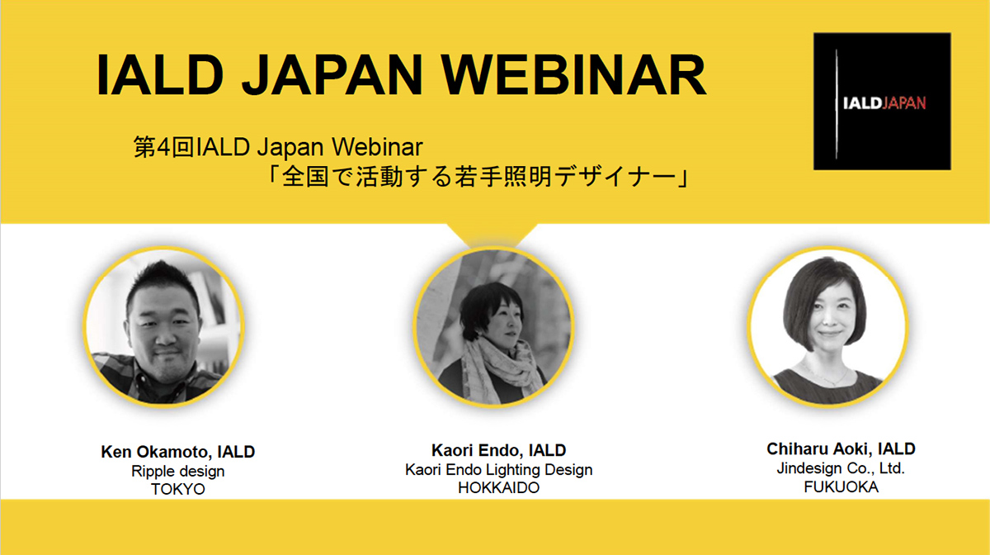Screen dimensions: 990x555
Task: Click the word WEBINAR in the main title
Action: pos(573,75)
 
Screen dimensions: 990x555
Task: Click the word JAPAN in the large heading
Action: pos(332,75)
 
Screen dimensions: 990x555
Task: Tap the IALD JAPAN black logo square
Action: pos(882,101)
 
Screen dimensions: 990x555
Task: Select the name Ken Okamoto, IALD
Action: pos(177,452)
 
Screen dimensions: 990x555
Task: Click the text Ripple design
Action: pos(177,472)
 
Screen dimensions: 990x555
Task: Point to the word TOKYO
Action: pos(177,489)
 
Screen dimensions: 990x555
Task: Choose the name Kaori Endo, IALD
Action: pos(498,450)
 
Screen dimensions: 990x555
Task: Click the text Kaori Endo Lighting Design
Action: pos(498,470)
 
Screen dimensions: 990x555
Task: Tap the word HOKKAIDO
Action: pos(498,488)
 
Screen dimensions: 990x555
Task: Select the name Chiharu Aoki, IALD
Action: pos(841,448)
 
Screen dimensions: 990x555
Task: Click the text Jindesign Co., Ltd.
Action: pos(841,467)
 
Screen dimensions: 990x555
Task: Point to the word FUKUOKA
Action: pos(841,486)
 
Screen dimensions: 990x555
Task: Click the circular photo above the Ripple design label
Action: pos(163,326)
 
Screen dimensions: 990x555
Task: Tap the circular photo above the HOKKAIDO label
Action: pos(493,326)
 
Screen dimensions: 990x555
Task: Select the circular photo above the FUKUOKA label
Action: pos(827,326)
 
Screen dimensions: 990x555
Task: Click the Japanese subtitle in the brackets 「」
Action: pos(478,177)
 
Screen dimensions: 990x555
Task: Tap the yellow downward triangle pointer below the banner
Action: pos(492,235)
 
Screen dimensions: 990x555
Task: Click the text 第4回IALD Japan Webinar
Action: pos(278,147)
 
